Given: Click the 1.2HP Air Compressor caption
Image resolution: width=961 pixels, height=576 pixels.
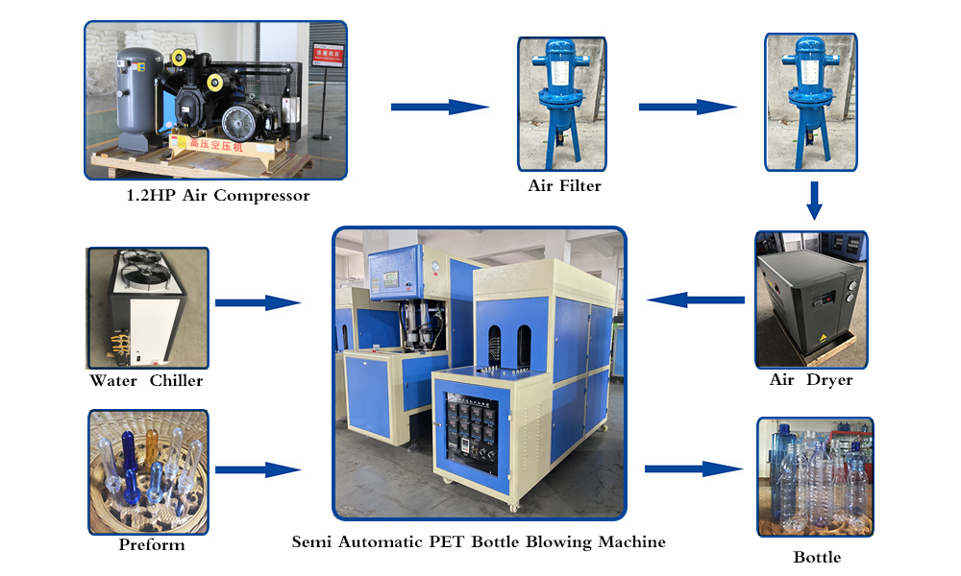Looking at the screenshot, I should pyautogui.click(x=218, y=196).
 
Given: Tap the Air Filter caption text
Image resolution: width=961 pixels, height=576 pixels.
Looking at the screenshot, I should pyautogui.click(x=564, y=185).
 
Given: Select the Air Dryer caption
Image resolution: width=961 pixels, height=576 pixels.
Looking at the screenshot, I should pyautogui.click(x=811, y=380).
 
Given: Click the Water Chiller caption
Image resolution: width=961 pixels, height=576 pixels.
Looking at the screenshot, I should pyautogui.click(x=146, y=380).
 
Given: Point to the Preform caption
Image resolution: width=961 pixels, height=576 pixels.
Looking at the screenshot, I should pyautogui.click(x=152, y=545).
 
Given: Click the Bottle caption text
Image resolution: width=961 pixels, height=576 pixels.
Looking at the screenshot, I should pyautogui.click(x=817, y=557).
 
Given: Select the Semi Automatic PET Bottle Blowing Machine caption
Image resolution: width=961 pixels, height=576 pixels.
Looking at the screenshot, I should pyautogui.click(x=479, y=541).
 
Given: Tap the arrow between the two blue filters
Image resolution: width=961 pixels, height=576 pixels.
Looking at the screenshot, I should pyautogui.click(x=688, y=107).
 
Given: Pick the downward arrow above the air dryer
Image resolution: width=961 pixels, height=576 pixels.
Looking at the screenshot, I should pyautogui.click(x=814, y=200).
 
